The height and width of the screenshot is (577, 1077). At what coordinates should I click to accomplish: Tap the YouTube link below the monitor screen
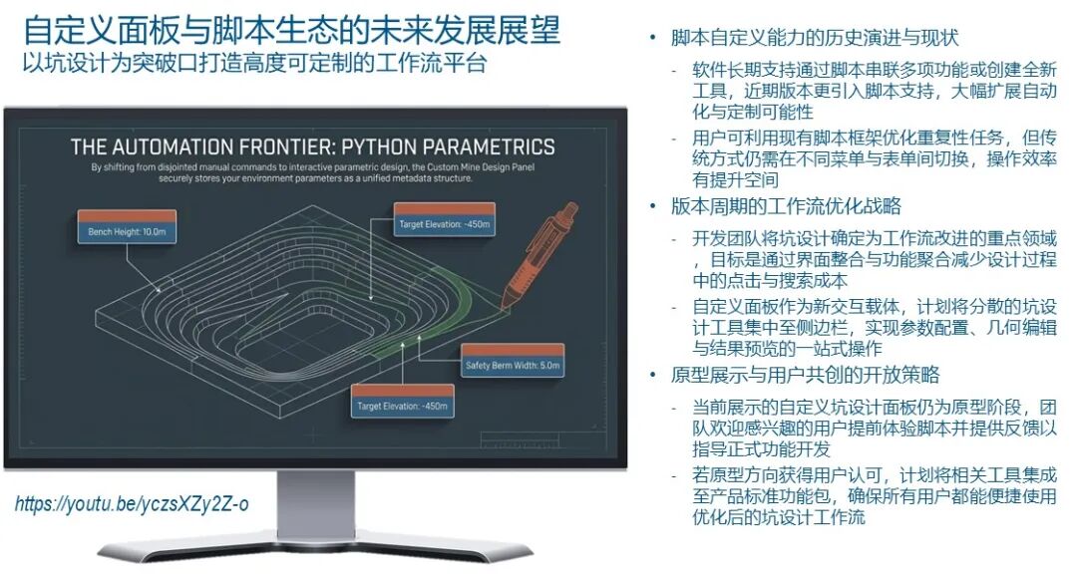[x=132, y=503]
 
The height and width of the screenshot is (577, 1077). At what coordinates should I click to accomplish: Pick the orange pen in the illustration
[x=543, y=254]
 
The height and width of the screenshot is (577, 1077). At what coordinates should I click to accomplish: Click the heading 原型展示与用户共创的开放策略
[x=805, y=376]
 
